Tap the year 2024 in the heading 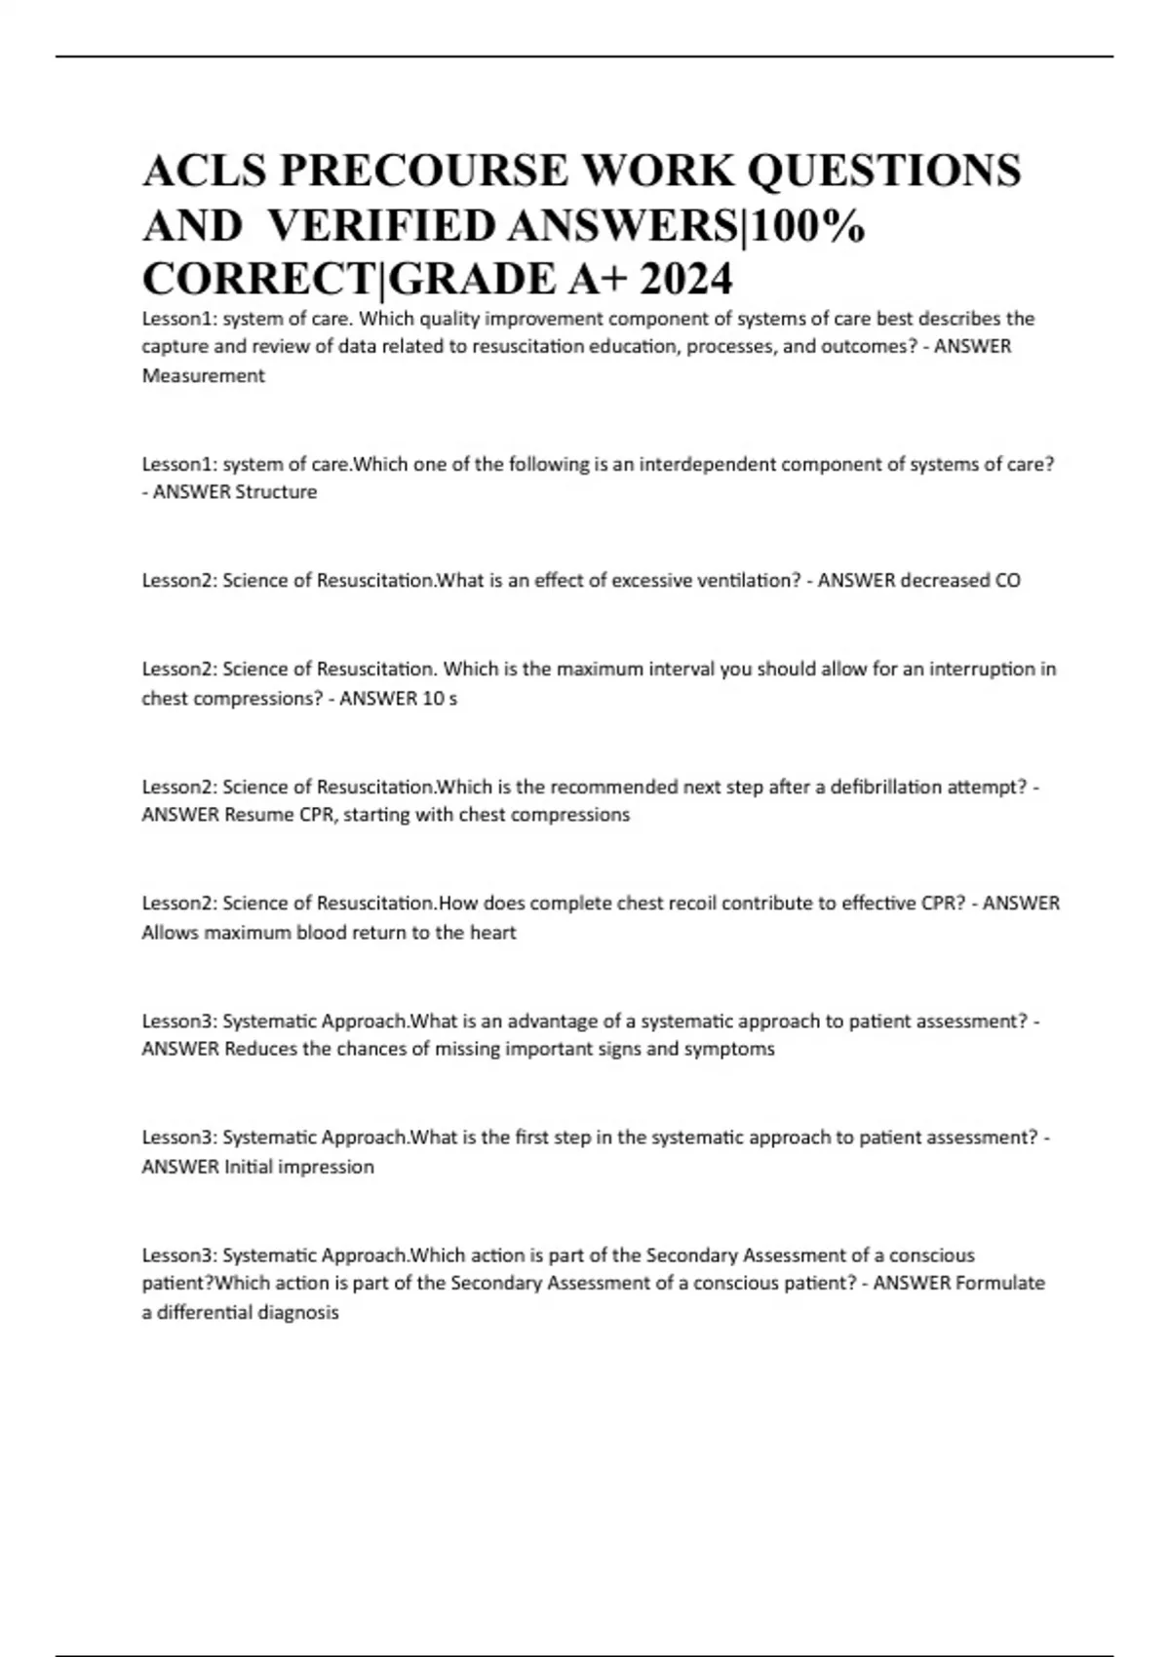click(682, 280)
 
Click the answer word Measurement click(203, 375)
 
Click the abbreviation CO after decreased click(1007, 580)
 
